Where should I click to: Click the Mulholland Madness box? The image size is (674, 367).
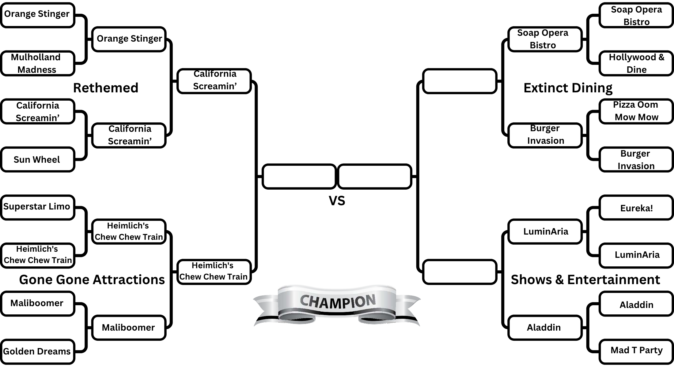[37, 63]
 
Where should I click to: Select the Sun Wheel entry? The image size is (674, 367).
[37, 160]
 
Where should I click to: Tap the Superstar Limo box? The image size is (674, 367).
[37, 207]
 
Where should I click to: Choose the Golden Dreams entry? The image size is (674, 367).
[37, 351]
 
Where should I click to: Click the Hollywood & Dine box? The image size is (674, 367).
[636, 63]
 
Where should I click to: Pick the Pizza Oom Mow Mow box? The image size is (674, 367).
[636, 111]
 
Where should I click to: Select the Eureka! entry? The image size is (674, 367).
[636, 208]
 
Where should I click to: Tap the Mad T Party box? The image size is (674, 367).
[636, 350]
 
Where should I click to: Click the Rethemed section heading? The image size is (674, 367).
[106, 88]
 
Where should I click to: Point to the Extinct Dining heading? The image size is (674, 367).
[568, 88]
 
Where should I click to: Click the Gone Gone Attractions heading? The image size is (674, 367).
[92, 280]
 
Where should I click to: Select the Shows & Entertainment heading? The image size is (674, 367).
[585, 280]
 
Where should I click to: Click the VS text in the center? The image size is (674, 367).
[337, 201]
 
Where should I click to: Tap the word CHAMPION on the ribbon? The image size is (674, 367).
[337, 302]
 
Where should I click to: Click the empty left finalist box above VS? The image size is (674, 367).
[299, 176]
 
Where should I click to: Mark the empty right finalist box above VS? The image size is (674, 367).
[374, 176]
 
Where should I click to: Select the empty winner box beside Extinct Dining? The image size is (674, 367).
[459, 81]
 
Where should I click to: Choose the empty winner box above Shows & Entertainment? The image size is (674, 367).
[459, 272]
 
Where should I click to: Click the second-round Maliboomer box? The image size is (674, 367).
[129, 328]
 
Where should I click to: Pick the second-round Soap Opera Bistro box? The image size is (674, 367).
[544, 39]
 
